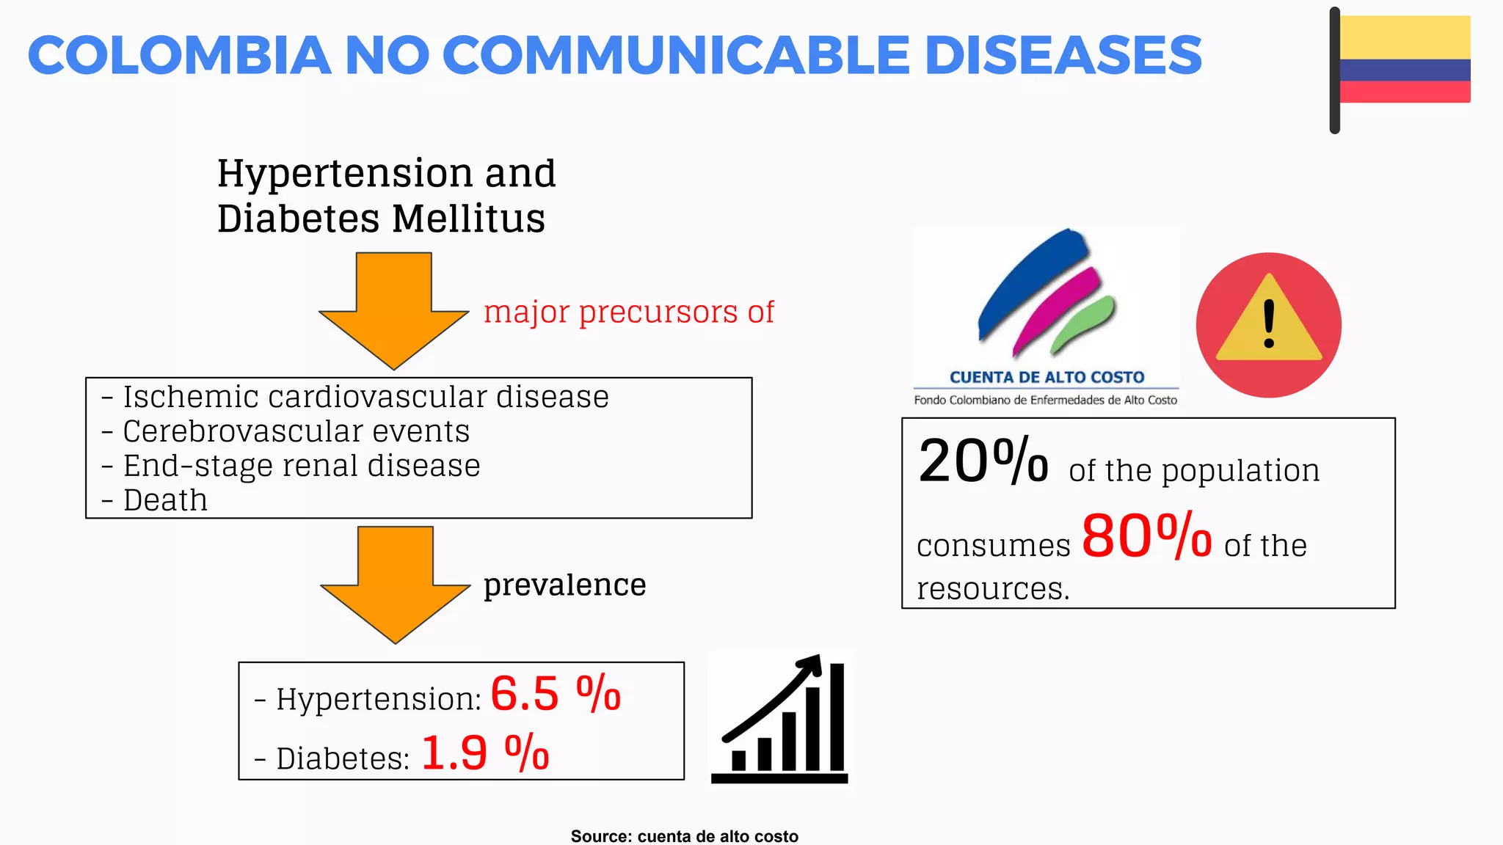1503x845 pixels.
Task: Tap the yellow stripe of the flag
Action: pos(1405,37)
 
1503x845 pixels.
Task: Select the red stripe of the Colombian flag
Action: pos(1405,92)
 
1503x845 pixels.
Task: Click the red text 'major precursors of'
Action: pos(629,312)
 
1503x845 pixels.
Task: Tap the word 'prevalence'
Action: pos(564,585)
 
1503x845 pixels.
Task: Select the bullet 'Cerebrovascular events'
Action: pos(295,431)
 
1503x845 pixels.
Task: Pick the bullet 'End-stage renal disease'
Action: pos(301,466)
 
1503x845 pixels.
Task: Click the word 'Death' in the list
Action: pos(165,500)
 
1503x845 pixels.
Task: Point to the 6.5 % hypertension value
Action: pos(556,693)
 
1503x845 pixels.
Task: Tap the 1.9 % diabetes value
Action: pos(485,753)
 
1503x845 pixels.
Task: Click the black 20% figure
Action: pos(983,461)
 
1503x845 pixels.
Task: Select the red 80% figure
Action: pos(1146,536)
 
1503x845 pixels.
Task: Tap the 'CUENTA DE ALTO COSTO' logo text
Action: pos(1047,377)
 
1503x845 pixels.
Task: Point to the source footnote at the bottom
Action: pos(684,836)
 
